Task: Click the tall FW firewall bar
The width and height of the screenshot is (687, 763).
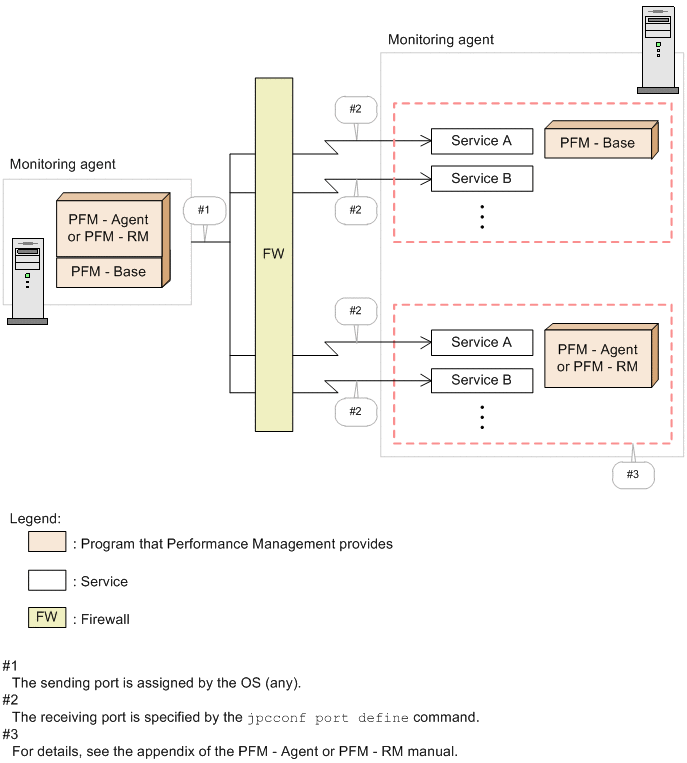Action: click(273, 254)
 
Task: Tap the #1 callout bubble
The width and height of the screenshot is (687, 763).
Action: click(204, 211)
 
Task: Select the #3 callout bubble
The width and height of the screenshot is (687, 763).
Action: click(632, 474)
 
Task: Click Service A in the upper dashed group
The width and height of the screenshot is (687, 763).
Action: click(481, 141)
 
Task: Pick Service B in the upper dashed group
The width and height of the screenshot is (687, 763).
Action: click(481, 179)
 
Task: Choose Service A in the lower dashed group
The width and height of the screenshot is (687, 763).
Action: click(481, 342)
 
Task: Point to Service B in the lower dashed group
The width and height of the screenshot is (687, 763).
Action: click(481, 380)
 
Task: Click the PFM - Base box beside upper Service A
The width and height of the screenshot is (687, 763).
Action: click(597, 143)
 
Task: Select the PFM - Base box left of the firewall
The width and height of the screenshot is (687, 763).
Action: click(108, 272)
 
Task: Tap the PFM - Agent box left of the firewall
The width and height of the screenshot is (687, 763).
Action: click(108, 228)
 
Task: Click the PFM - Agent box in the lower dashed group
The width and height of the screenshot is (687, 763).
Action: click(597, 358)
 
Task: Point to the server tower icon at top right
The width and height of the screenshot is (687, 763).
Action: click(657, 50)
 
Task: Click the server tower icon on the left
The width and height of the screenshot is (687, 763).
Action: click(27, 281)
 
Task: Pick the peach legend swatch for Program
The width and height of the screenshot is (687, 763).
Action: click(47, 543)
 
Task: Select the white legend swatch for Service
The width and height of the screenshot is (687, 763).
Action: click(47, 580)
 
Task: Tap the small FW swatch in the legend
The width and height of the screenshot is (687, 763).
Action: click(47, 617)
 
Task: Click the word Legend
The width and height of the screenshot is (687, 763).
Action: click(35, 518)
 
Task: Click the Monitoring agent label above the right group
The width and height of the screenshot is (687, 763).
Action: click(440, 40)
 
